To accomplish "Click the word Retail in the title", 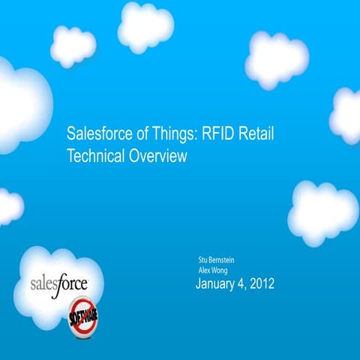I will tap(260, 135).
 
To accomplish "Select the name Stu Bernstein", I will tap(217, 260).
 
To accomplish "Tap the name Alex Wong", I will tap(212, 270).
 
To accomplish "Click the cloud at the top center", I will tap(145, 26).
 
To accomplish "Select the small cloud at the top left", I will tap(73, 46).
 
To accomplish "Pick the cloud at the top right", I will tap(276, 58).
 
